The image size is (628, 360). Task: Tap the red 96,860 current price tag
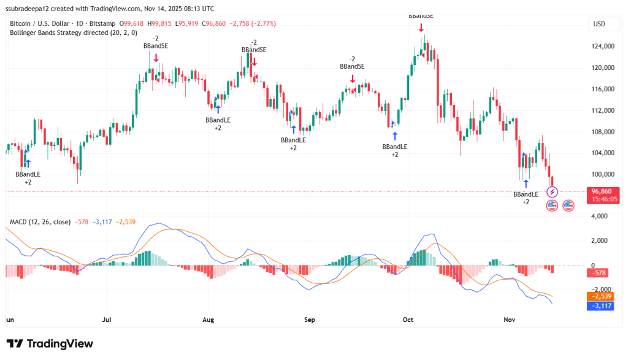pos(602,191)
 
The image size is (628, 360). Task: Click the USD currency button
pos(599,24)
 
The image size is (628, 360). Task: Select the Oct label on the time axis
pos(408,320)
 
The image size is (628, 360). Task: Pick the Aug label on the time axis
pos(209,320)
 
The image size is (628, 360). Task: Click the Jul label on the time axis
pos(106,320)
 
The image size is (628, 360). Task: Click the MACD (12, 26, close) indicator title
pos(39,221)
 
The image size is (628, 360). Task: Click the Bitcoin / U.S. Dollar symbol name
pos(44,23)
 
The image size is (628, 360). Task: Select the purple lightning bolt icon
pos(551,192)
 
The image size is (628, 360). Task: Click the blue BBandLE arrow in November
pos(526,183)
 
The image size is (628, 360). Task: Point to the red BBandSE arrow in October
pos(421,28)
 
